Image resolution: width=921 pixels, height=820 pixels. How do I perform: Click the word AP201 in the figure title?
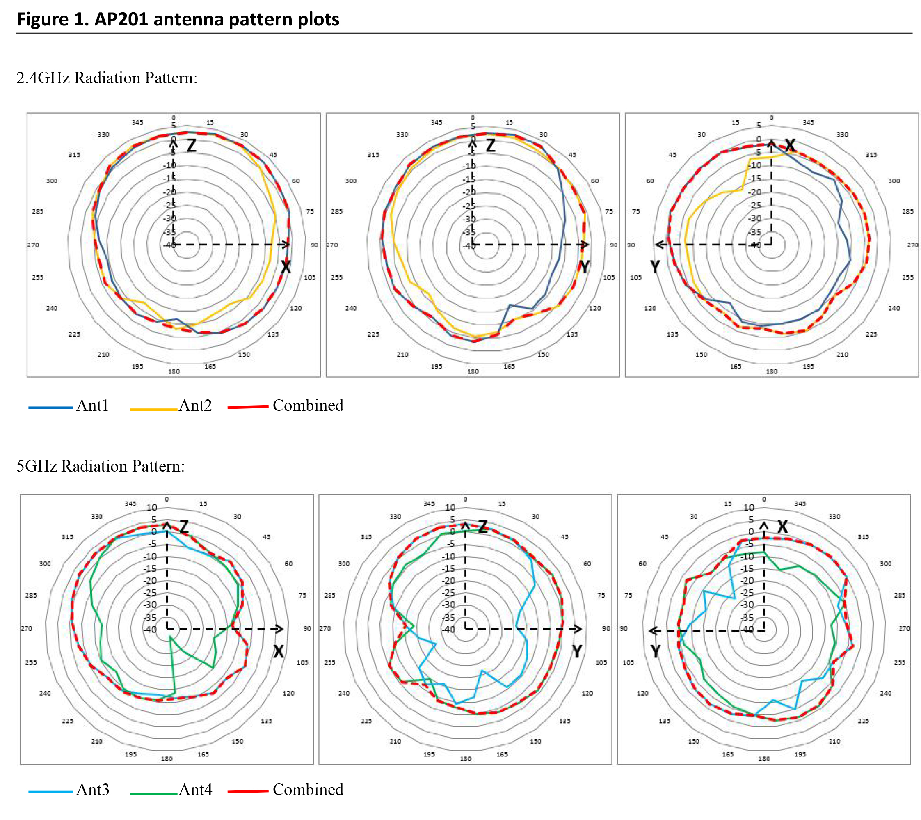(x=121, y=19)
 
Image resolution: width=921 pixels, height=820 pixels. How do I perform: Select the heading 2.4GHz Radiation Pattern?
(x=107, y=78)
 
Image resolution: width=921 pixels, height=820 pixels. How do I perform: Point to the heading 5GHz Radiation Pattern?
(x=101, y=466)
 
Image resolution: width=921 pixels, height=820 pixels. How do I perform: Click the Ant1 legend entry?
(x=92, y=405)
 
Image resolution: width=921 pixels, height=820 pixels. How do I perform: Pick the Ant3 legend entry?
(x=92, y=789)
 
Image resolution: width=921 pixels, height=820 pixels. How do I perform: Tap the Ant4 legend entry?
(x=195, y=789)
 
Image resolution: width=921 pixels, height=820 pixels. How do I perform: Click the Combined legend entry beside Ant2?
(x=308, y=405)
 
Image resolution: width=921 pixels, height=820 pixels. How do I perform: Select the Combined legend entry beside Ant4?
(x=308, y=789)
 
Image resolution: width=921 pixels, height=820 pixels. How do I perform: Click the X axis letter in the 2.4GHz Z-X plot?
(x=286, y=267)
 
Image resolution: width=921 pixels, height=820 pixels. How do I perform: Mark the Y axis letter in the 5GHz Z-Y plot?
(x=577, y=651)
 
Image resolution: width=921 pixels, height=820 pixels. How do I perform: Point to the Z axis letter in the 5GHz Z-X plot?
(x=184, y=527)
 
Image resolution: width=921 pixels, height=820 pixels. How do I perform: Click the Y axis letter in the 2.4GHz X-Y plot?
(x=655, y=267)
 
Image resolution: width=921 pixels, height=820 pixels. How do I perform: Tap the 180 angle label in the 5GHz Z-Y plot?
(x=466, y=759)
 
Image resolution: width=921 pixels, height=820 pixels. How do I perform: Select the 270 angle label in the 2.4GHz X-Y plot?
(x=912, y=245)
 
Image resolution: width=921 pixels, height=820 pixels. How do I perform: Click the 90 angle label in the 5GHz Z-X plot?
(x=307, y=628)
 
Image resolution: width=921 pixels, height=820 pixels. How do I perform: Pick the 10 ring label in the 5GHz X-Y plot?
(x=748, y=507)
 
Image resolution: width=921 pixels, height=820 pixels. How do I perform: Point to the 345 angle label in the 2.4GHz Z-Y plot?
(x=436, y=122)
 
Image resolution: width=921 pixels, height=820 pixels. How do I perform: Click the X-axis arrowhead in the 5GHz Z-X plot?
(x=280, y=629)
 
